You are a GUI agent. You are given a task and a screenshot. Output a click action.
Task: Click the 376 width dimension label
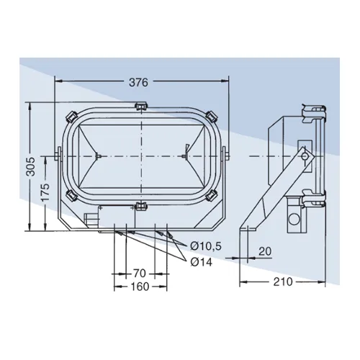tap(140, 82)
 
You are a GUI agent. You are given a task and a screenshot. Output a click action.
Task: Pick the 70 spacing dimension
tap(140, 273)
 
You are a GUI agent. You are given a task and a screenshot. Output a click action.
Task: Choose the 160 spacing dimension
tap(140, 287)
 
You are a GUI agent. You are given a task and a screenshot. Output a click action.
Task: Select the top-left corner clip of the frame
tap(72, 116)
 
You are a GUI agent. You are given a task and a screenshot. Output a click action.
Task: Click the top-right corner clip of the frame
tap(210, 116)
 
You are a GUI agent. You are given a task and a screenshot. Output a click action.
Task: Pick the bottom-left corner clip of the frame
tap(72, 195)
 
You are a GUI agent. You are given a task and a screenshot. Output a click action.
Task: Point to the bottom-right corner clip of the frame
tap(210, 195)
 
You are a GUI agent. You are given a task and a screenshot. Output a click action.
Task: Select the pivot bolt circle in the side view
tap(305, 156)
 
